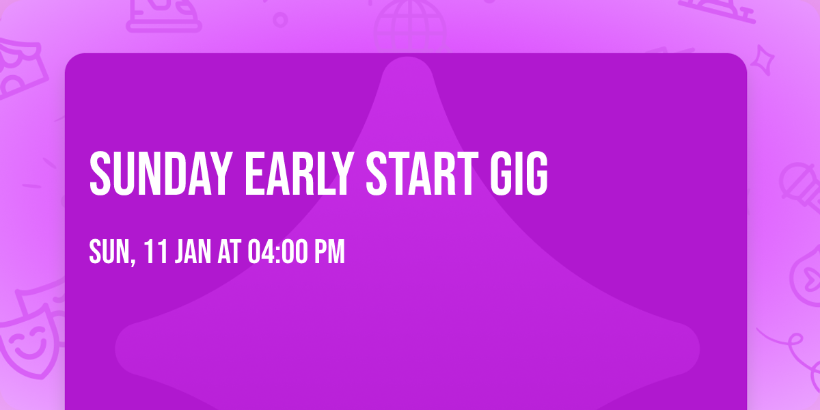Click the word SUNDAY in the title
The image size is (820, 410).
161,174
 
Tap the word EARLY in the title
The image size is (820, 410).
299,174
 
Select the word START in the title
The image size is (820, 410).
422,174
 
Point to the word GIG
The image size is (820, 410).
519,174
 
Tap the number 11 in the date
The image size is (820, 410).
156,251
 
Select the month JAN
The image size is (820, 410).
193,251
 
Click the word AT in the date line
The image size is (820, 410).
230,251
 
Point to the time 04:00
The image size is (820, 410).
278,251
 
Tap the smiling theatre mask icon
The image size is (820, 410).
29,342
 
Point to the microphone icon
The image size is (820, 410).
801,191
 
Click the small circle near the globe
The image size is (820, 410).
280,20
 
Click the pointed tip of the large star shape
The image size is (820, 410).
407,58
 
